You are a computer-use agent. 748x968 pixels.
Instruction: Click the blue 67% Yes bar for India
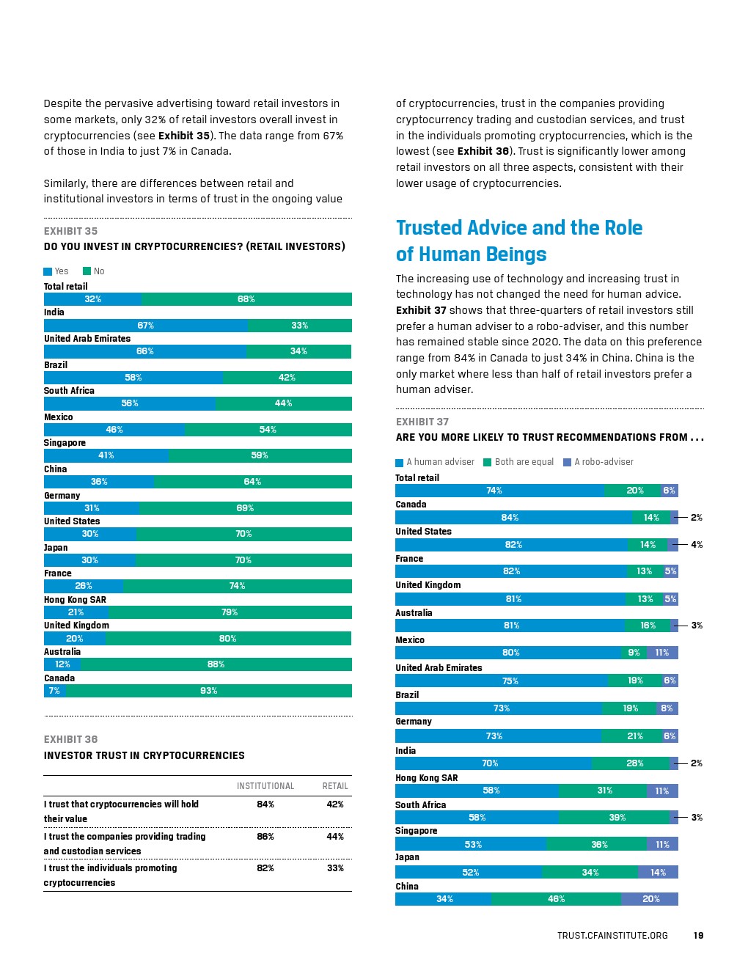coord(145,326)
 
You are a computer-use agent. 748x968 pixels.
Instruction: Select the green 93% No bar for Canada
coord(209,691)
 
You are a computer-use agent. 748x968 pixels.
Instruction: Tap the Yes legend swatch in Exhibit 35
coord(48,271)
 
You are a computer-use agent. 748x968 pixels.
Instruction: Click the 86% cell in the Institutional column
coord(265,837)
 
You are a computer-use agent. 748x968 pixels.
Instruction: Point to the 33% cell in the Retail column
coord(335,868)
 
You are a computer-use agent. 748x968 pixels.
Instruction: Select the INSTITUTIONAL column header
coord(265,786)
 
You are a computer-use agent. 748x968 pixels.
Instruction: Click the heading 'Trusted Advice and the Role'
coord(519,228)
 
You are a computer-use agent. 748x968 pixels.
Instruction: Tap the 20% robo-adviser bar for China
coord(650,899)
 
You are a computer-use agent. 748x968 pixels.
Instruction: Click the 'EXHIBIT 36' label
coord(70,739)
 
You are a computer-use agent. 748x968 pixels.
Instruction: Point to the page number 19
coord(698,936)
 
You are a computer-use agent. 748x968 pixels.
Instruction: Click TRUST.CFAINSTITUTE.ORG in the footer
coord(612,936)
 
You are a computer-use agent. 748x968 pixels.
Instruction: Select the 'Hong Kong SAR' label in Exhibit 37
coord(427,778)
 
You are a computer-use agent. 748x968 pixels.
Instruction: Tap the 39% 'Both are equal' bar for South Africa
coord(616,818)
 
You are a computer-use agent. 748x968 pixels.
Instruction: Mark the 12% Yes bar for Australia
coord(62,664)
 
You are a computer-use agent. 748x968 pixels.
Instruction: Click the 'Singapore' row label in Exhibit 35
coord(65,443)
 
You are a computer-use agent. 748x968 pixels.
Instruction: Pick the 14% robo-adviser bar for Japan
coord(658,873)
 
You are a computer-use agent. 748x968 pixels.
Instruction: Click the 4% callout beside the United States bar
coord(697,545)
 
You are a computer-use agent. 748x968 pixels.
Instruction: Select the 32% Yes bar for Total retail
coord(92,299)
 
